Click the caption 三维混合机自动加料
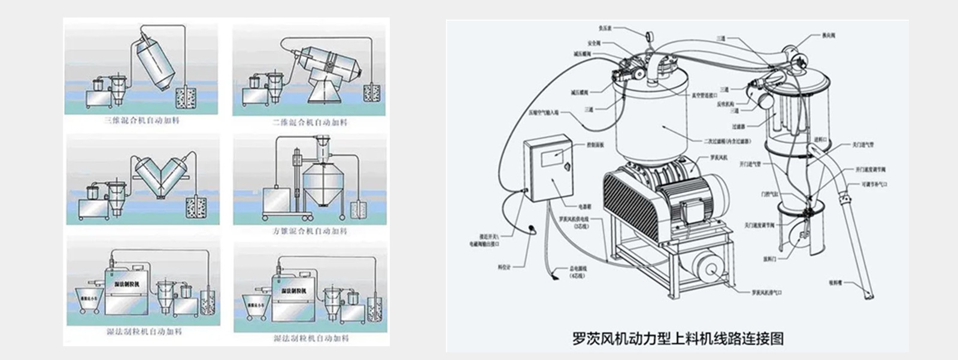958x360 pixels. [142, 120]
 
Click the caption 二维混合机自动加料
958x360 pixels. [310, 122]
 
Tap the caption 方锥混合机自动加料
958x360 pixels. [310, 231]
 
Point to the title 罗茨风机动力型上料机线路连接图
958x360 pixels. [678, 338]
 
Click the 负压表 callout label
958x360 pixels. [606, 28]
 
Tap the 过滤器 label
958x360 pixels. [738, 126]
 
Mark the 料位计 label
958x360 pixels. [504, 267]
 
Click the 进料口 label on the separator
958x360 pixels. [820, 139]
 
